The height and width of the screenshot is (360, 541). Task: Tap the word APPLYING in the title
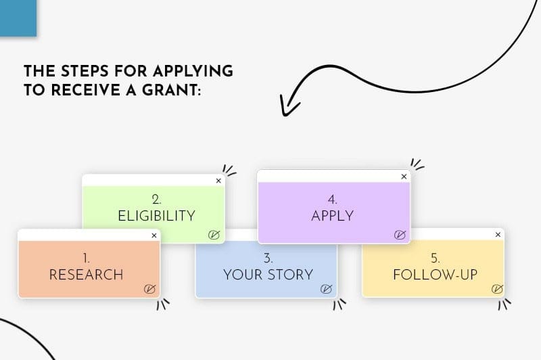pos(193,71)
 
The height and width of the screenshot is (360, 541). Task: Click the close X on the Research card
pos(154,235)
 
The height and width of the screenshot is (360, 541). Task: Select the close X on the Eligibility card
pos(218,181)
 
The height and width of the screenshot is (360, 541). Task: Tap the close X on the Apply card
pos(404,177)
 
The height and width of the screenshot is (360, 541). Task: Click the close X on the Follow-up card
pos(498,235)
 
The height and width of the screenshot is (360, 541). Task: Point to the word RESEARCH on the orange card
pos(87,275)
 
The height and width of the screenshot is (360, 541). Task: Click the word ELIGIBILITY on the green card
pos(157,216)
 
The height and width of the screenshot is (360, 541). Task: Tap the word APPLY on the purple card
pos(333,216)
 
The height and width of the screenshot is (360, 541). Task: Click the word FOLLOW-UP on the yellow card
pos(436,275)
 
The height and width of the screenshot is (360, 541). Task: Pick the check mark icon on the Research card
pos(149,289)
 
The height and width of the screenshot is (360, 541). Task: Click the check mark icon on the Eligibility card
pos(214,235)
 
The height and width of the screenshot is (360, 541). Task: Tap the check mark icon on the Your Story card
pos(326,289)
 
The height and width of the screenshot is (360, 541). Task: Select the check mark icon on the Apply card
pos(400,235)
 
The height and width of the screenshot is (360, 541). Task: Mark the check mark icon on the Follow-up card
pos(497,288)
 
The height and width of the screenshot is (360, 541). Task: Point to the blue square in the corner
pos(18,18)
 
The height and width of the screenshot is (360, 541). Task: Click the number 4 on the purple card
pos(332,200)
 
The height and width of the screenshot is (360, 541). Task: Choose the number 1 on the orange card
pos(86,258)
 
